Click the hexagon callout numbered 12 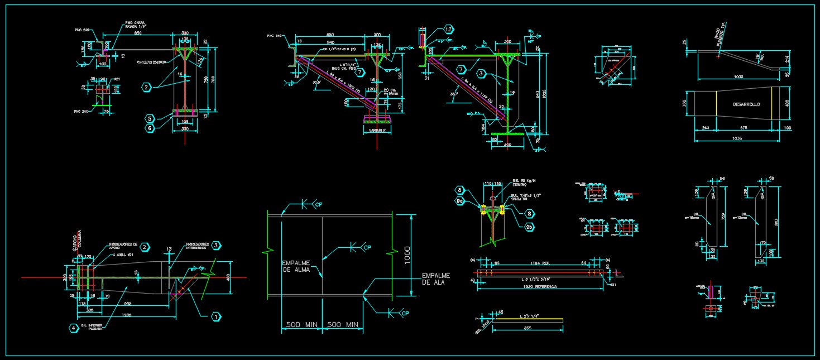click(449, 29)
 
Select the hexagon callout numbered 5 click(150, 118)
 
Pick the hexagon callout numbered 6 click(150, 128)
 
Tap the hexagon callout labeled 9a click(460, 200)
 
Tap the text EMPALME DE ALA click(435, 279)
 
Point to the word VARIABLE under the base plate click(378, 130)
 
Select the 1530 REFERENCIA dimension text click(540, 287)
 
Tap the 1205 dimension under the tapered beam click(127, 315)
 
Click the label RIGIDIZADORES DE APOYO click(123, 246)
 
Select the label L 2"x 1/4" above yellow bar click(528, 316)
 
